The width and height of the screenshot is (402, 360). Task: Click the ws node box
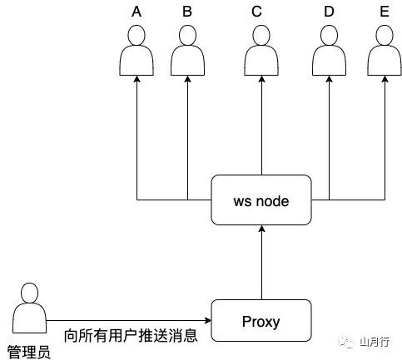[x=262, y=200]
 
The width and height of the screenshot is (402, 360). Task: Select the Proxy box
[x=262, y=321]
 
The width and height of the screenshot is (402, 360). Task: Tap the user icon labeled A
[x=138, y=52]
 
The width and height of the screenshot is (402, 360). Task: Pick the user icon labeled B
[x=187, y=52]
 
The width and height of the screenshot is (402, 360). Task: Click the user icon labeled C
[x=262, y=52]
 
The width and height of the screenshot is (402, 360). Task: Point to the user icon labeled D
[x=330, y=52]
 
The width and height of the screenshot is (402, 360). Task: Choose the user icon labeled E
[x=384, y=52]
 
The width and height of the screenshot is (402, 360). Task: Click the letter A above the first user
[x=138, y=12]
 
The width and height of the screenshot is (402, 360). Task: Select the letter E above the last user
[x=384, y=12]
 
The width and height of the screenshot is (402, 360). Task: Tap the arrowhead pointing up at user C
[x=262, y=83]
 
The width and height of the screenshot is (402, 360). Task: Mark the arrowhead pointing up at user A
[x=138, y=83]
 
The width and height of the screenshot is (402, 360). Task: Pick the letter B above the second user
[x=187, y=12]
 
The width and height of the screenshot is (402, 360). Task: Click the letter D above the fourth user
[x=330, y=12]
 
